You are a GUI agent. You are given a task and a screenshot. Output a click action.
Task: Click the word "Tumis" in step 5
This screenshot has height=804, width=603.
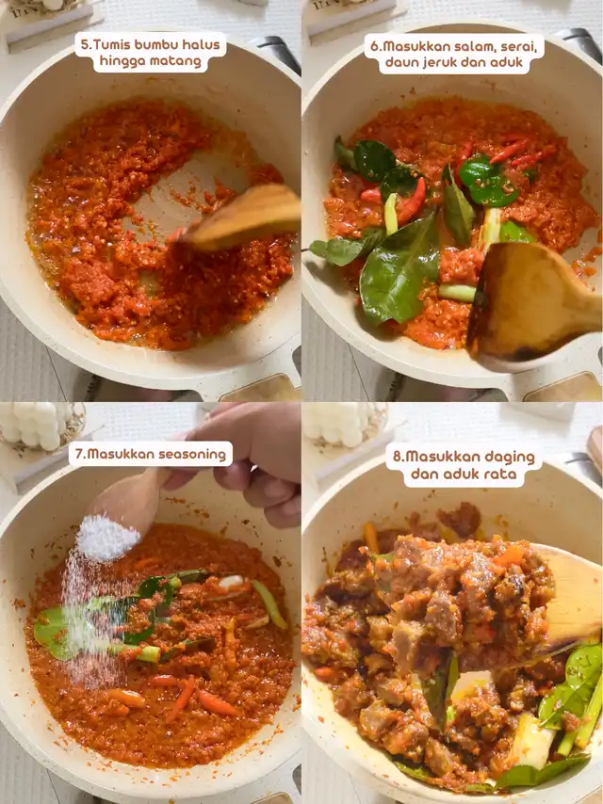coord(110,44)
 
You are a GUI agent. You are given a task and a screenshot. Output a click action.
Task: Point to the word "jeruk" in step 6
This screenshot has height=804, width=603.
coord(449,62)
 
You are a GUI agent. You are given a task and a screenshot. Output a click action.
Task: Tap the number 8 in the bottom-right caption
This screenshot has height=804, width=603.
coord(397,457)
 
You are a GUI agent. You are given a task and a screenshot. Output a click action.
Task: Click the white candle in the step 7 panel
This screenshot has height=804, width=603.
coord(37,425)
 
